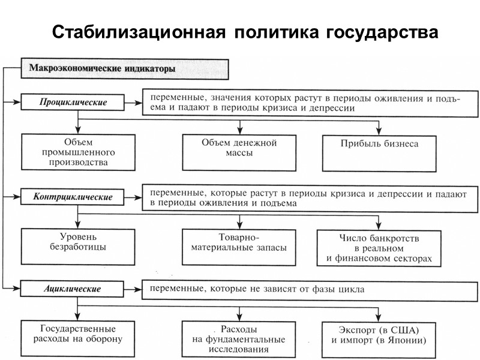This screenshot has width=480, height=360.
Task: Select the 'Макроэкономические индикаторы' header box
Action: (x=125, y=68)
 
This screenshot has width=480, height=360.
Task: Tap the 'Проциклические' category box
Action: (x=74, y=103)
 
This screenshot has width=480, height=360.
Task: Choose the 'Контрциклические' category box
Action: (x=74, y=196)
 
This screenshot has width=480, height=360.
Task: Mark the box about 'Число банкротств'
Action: (x=379, y=248)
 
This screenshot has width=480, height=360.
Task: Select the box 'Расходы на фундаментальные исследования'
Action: (x=239, y=339)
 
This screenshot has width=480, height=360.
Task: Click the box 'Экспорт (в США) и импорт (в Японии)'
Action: (x=379, y=338)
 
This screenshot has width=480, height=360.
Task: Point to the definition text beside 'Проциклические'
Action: (x=309, y=103)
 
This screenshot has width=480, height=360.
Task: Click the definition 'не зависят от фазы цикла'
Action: (x=309, y=289)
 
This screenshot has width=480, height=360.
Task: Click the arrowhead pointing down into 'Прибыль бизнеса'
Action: (x=379, y=130)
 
